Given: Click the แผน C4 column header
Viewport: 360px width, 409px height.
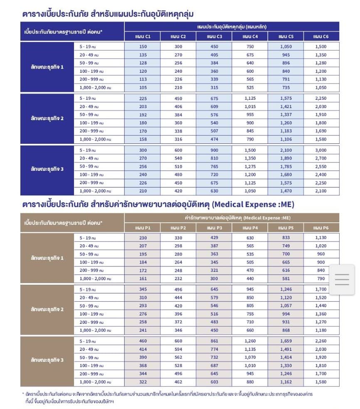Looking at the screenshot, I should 250,37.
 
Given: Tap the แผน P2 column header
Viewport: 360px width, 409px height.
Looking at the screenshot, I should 178,228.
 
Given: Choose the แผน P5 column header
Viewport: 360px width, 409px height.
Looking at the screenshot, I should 286,228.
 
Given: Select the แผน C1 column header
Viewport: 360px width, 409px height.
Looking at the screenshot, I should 143,37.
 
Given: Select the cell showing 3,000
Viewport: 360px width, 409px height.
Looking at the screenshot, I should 321,150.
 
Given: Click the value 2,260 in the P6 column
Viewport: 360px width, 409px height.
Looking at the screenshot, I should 321,342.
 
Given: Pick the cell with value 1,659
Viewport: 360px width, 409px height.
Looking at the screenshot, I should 286,342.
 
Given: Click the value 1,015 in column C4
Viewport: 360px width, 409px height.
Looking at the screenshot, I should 250,106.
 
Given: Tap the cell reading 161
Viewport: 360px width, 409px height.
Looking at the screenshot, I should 143,278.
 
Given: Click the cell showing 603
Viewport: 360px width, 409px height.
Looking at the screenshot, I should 214,382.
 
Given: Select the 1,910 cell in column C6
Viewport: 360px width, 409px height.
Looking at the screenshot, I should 321,115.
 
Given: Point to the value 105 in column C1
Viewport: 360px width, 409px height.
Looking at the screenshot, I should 143,88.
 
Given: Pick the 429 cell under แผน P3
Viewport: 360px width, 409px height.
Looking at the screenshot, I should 214,238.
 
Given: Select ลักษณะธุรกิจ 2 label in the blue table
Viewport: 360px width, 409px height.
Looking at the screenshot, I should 47,118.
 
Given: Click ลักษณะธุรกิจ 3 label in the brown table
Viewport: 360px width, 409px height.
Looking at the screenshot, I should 47,360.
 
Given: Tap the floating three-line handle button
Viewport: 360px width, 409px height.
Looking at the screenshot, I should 342,279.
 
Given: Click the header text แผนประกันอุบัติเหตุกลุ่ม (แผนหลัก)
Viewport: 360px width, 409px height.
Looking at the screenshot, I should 232,27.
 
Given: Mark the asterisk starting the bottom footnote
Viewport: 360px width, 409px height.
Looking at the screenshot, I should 23,393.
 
